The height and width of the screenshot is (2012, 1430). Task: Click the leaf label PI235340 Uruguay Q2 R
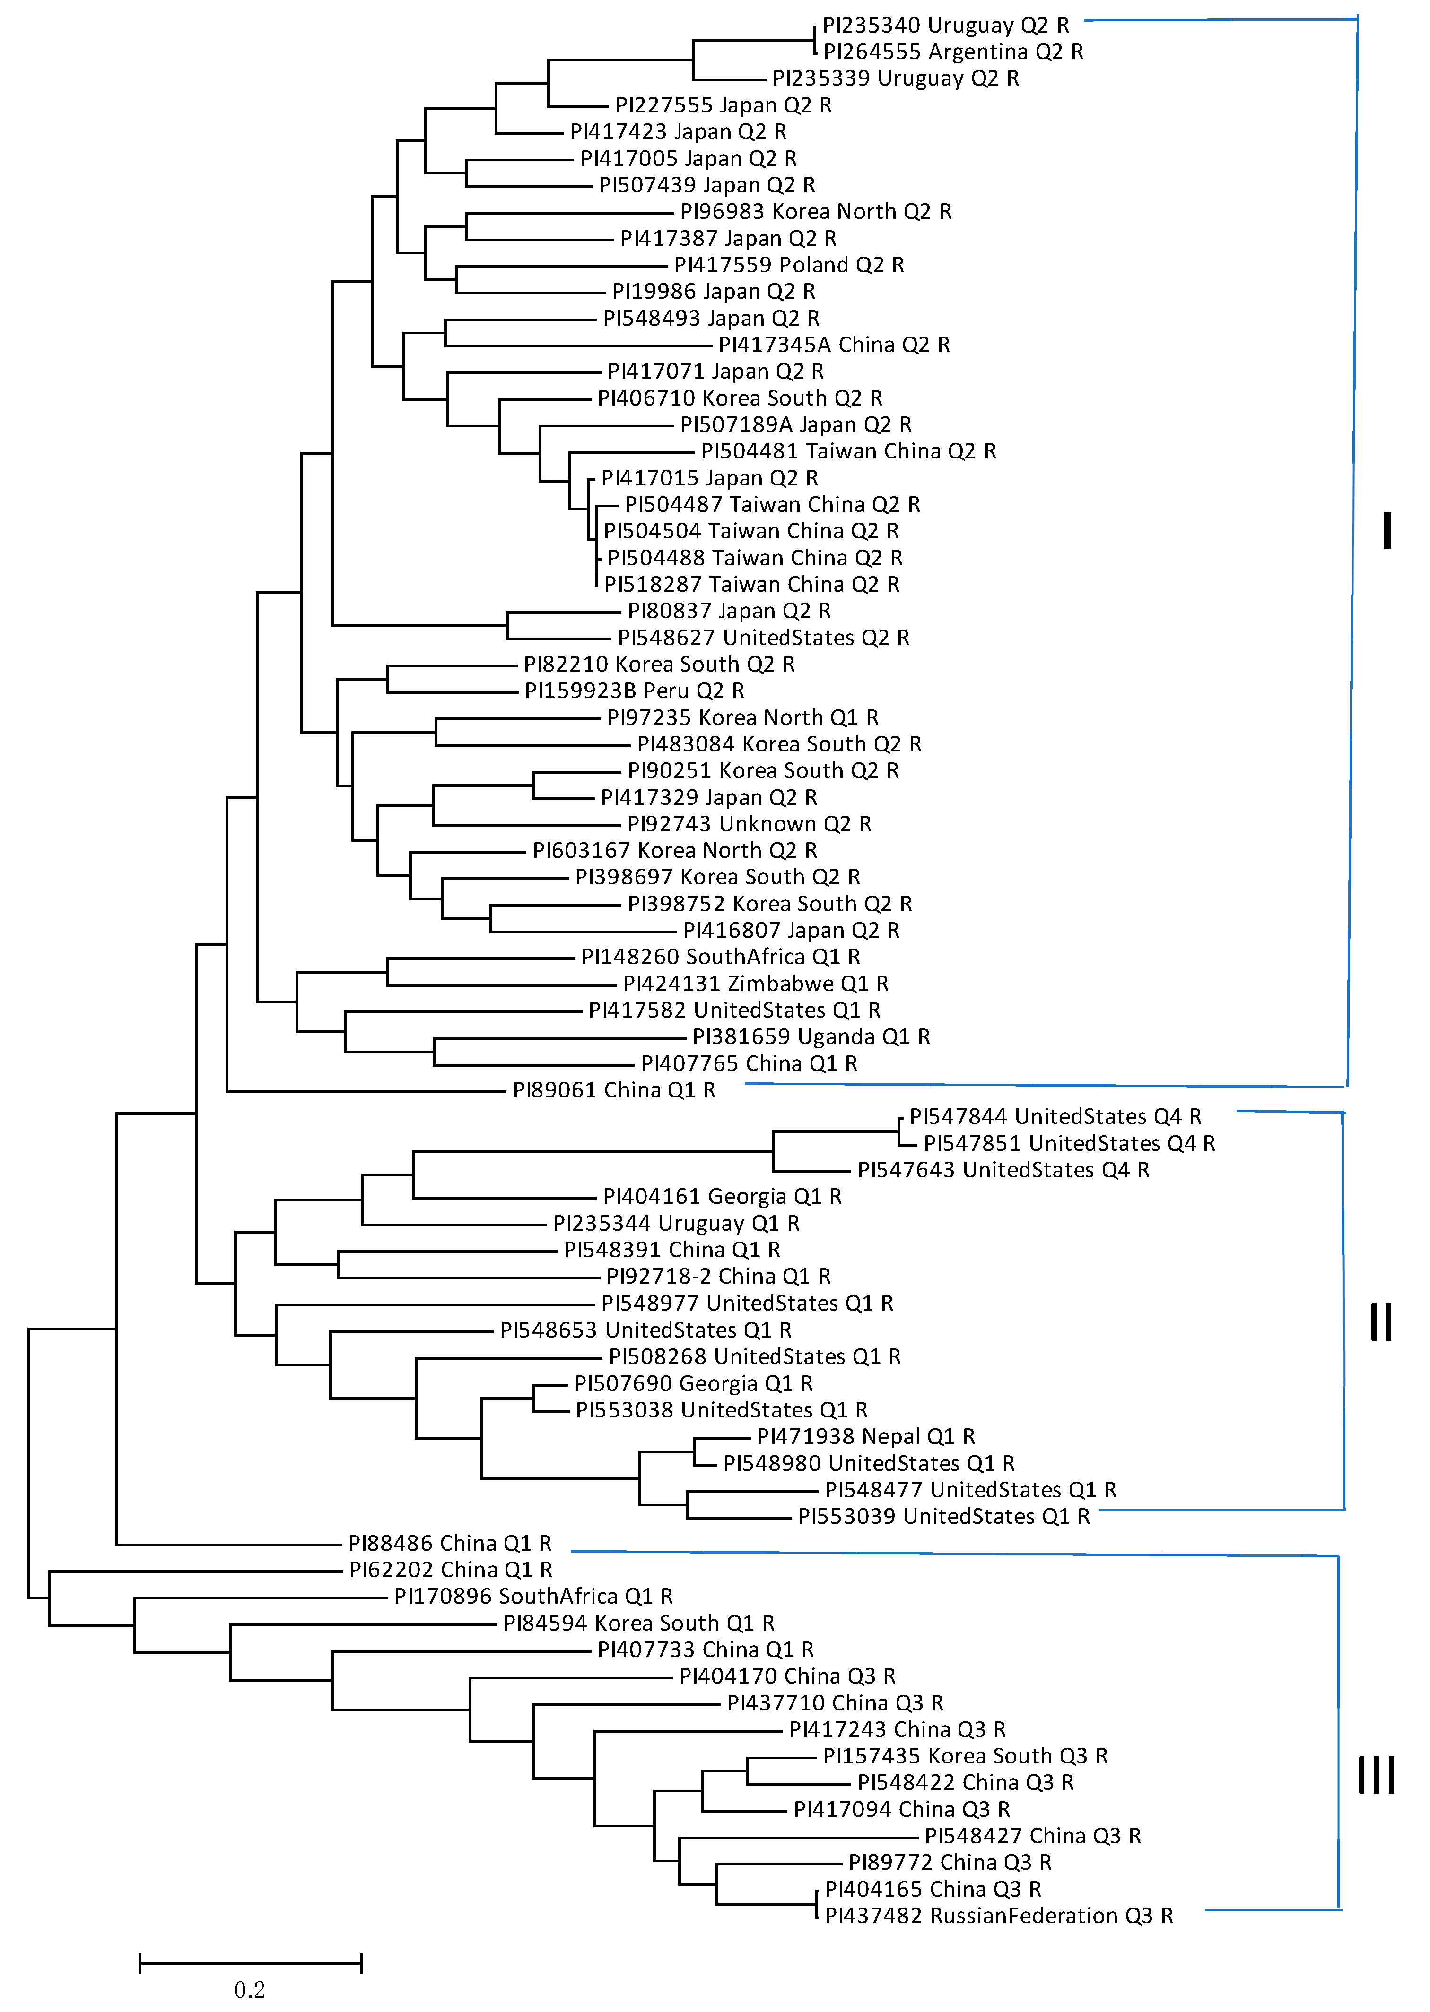click(945, 26)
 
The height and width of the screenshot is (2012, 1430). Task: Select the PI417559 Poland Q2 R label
click(788, 265)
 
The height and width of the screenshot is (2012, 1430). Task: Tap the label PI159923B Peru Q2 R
click(634, 691)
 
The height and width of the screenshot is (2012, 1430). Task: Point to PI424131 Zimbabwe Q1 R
click(756, 984)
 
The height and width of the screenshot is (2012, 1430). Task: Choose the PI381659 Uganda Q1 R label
click(811, 1037)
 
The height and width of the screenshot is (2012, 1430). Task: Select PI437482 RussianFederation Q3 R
click(999, 1916)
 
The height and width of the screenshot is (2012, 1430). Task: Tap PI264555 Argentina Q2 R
click(953, 52)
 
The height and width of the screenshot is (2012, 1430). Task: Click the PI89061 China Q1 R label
click(614, 1090)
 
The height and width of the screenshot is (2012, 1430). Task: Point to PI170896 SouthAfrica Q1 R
click(533, 1597)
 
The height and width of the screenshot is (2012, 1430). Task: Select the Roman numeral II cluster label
click(1381, 1322)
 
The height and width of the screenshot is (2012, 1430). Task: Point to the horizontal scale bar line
click(250, 1962)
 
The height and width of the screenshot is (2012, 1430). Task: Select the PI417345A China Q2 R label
click(834, 345)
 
